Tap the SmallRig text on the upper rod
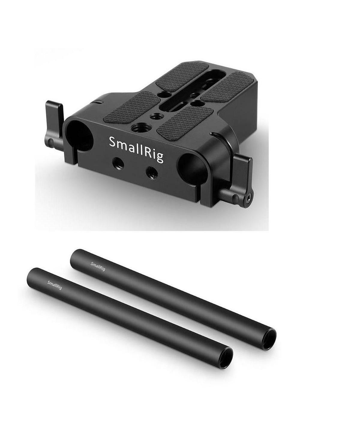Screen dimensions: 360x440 tap(98, 266)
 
